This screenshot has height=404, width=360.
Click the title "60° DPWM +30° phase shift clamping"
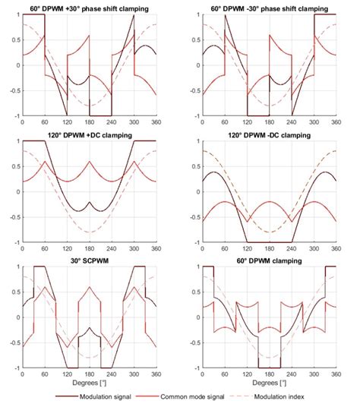(x=89, y=7)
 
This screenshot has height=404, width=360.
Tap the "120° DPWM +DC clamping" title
(x=89, y=134)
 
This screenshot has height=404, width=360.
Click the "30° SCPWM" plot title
(x=89, y=260)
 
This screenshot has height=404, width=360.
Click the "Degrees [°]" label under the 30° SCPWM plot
(x=89, y=384)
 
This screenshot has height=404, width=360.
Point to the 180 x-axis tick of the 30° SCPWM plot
(x=89, y=375)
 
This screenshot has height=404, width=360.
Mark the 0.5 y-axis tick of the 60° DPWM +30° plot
(x=14, y=39)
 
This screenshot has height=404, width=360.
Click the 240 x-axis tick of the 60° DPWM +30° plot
(x=112, y=122)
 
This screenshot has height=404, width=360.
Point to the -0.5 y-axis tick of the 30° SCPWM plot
(x=12, y=343)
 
